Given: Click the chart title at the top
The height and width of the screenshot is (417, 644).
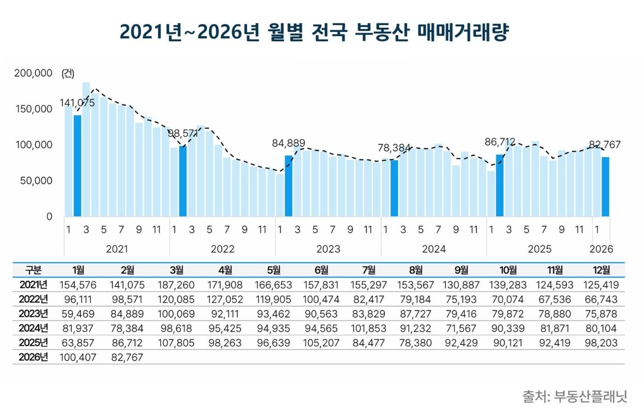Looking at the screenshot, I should coord(314,32).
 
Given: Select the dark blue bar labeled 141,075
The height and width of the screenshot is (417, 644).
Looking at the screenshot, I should coord(77,166).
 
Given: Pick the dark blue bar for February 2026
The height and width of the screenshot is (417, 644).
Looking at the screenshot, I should coord(605,186).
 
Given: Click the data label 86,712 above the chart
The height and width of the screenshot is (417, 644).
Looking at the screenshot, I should coord(500,142).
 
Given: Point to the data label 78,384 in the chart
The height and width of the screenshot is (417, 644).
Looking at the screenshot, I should coord(394,148).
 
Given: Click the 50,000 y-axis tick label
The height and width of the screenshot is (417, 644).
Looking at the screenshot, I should coord(36,181).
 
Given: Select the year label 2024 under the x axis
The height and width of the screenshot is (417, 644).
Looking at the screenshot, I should coord(434,249).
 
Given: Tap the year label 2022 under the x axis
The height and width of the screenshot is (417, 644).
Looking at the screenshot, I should coord(223,249).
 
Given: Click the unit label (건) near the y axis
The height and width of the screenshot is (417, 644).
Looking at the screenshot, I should coord(68,73).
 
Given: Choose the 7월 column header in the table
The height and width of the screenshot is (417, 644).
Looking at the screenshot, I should coord(368,270).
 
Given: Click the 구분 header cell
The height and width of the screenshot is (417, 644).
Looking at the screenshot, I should coord(33,270).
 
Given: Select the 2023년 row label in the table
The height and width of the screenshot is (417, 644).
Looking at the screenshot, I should coord(33,314).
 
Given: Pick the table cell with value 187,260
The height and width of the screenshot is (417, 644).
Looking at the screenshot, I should coord(176,285).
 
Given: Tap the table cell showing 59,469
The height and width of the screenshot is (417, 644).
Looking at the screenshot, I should coord(77,314).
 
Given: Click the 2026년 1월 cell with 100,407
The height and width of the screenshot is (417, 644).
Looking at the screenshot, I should coord(77,357).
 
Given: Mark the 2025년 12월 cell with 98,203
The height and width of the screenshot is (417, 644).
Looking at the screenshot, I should coord(601,343).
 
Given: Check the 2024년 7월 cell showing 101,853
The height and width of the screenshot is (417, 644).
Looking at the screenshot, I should coord(368,329).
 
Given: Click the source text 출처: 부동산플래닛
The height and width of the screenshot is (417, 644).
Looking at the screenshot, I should coord(575,396).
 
